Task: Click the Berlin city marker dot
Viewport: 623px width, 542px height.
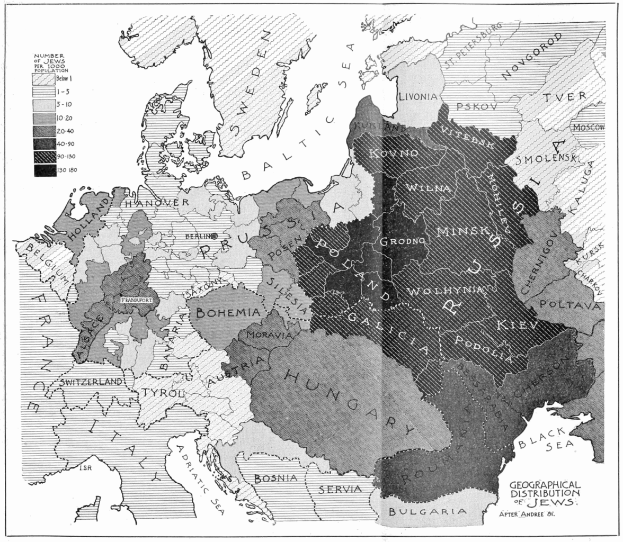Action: click(215, 236)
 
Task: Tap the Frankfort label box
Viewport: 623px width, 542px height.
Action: click(137, 300)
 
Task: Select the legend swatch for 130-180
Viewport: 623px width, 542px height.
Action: click(46, 170)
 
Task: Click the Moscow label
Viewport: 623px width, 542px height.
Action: click(588, 128)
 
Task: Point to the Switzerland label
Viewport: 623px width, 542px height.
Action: click(92, 381)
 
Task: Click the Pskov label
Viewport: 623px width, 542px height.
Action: click(470, 106)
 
